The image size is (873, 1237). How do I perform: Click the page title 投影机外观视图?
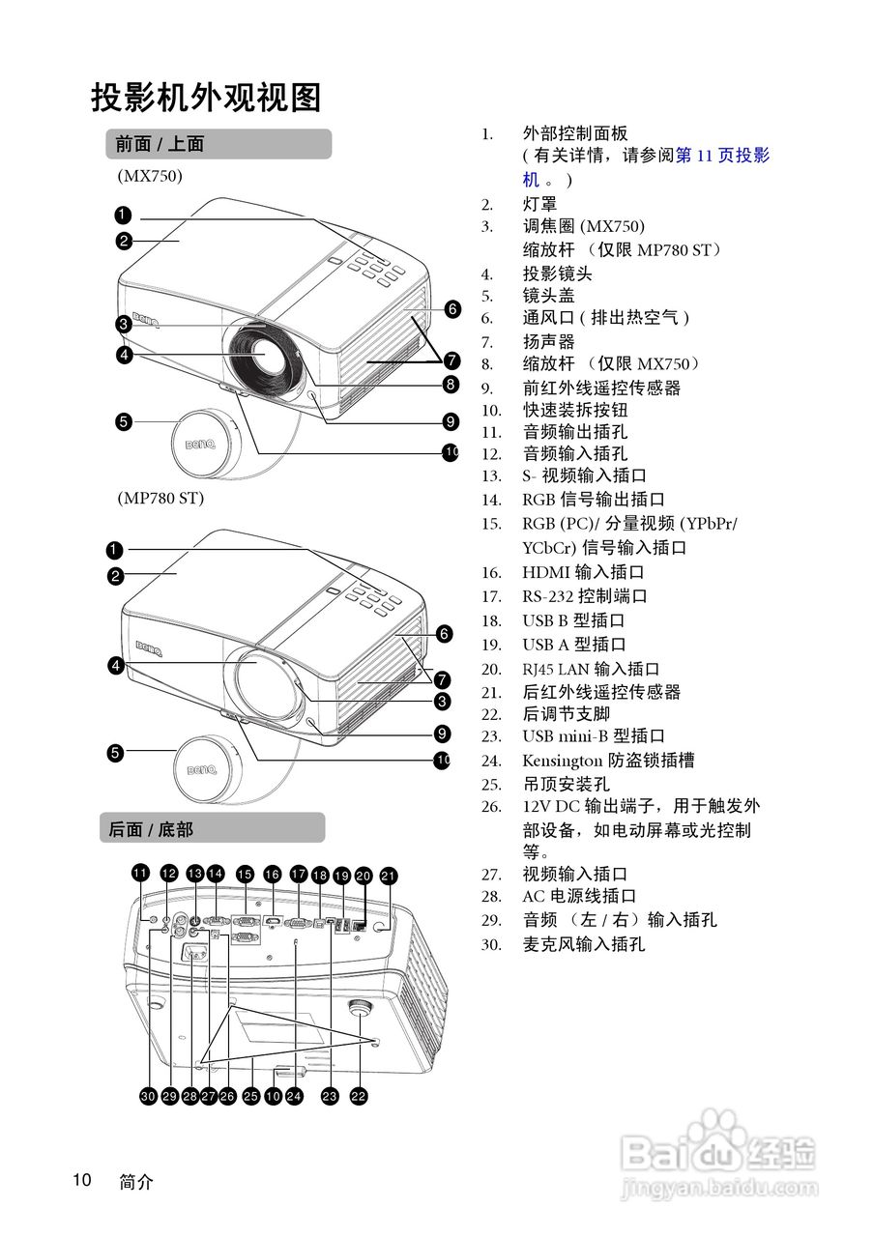[x=206, y=97]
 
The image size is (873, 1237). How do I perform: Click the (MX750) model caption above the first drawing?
[x=150, y=176]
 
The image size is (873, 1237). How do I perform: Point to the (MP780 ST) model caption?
[x=160, y=499]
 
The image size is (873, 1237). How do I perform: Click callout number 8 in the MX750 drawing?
[x=451, y=385]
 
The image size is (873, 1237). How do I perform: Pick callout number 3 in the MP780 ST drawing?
[x=442, y=701]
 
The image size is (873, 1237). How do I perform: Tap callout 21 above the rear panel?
[x=389, y=876]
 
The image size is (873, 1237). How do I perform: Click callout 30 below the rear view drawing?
[x=148, y=1096]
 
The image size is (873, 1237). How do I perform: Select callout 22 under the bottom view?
[x=360, y=1096]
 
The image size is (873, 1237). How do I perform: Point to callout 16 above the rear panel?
[x=273, y=875]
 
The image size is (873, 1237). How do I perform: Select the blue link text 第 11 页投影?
[x=722, y=156]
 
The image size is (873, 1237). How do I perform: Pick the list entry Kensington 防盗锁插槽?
[x=608, y=761]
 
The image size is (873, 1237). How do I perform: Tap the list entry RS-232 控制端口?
[x=584, y=596]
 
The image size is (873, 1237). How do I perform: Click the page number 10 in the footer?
[x=81, y=1180]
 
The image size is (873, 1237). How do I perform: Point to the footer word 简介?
[x=136, y=1181]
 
